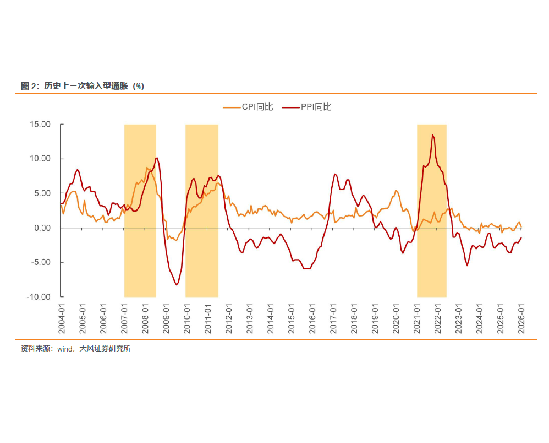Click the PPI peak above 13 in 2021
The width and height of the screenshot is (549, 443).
pyautogui.click(x=432, y=135)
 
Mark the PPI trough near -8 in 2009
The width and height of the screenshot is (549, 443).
pyautogui.click(x=177, y=284)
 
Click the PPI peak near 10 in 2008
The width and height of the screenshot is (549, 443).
pyautogui.click(x=157, y=158)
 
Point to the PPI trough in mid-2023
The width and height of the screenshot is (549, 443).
pyautogui.click(x=468, y=266)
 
